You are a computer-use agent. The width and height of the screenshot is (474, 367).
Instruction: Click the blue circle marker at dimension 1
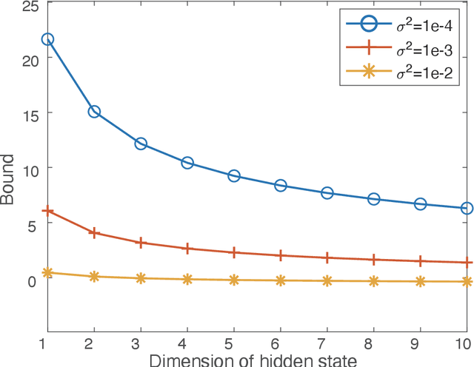[x=47, y=39]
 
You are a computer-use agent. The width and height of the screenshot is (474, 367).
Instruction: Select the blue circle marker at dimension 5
[x=234, y=176]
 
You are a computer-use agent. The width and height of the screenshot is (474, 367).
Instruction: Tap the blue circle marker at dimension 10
[x=467, y=209]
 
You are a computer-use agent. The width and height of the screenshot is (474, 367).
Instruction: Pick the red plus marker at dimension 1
[x=47, y=211]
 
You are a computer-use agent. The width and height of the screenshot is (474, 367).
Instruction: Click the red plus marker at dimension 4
[x=187, y=249]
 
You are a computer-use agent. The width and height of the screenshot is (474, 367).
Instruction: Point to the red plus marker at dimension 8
[x=374, y=260]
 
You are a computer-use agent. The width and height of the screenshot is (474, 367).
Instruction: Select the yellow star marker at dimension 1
[x=47, y=273]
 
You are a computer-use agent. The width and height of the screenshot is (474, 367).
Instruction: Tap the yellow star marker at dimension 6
[x=281, y=280]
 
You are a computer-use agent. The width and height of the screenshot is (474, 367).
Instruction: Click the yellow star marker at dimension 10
[x=467, y=282]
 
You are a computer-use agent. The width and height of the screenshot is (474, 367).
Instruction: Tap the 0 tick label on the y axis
[x=31, y=281]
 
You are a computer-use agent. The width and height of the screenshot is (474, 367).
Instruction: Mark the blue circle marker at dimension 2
[x=94, y=112]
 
